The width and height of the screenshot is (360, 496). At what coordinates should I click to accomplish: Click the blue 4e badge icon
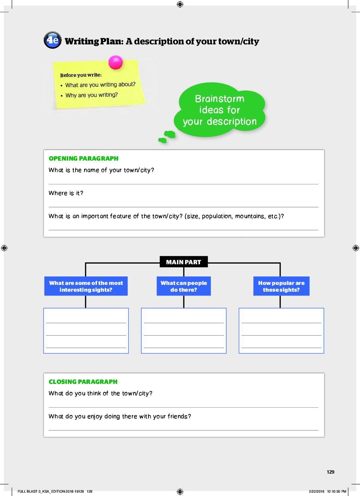(53, 40)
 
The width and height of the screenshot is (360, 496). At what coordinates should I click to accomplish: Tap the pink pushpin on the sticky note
(116, 62)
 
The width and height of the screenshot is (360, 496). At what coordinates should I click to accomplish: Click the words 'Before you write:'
(81, 75)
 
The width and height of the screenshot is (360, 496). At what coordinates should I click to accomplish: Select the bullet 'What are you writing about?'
(100, 85)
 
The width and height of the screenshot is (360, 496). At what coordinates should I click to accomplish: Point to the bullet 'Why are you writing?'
(92, 95)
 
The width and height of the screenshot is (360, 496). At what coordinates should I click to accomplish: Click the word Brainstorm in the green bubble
(220, 99)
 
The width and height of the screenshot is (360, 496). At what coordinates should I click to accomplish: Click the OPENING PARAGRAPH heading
(84, 159)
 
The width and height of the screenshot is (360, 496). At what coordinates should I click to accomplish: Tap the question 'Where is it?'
(66, 193)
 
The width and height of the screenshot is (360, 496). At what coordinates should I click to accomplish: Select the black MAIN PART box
(183, 262)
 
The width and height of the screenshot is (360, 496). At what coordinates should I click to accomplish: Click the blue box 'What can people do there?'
(183, 286)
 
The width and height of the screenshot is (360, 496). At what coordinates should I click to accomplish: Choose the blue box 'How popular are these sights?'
(281, 286)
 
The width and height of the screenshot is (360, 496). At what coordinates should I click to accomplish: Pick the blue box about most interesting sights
(86, 286)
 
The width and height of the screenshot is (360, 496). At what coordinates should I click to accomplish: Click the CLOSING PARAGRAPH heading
(83, 382)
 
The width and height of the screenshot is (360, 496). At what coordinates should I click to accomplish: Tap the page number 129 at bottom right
(331, 472)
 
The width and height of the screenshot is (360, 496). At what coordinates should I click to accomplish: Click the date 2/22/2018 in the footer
(316, 491)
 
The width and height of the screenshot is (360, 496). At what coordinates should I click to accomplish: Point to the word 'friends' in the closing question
(178, 416)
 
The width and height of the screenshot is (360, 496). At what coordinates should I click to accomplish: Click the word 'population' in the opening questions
(217, 216)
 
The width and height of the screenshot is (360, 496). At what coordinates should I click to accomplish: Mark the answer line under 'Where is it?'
(183, 207)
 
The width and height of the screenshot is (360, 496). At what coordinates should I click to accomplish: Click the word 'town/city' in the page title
(239, 41)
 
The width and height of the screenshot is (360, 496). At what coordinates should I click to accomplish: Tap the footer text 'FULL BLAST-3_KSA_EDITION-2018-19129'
(51, 491)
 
